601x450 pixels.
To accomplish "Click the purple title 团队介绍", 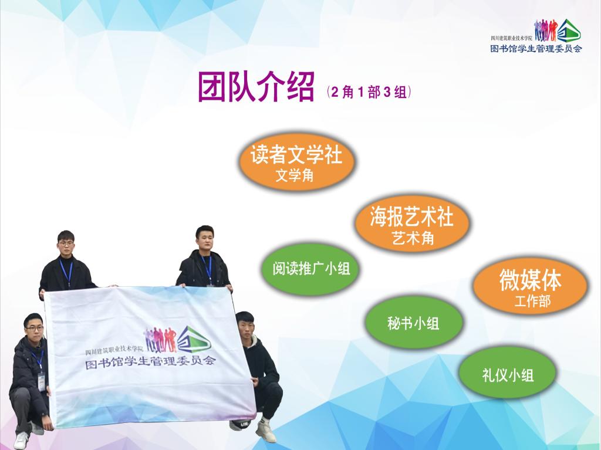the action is click(256, 87).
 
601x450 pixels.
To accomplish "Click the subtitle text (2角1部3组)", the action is click(369, 92).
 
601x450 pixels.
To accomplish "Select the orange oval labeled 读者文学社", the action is click(296, 162).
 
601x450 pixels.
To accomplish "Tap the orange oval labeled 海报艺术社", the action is click(412, 224).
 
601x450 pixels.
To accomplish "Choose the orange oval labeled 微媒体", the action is click(530, 286).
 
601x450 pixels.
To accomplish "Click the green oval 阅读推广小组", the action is click(311, 269).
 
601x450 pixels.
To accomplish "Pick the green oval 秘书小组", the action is click(413, 323).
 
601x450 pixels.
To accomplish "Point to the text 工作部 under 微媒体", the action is click(532, 301).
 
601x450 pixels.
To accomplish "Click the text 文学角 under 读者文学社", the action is click(295, 175).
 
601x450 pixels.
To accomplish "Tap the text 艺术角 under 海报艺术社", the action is click(413, 238).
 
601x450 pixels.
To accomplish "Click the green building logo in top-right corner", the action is click(569, 31).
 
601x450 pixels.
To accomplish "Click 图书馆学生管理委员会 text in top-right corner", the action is click(536, 49).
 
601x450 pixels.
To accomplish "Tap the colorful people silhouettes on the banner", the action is click(160, 340).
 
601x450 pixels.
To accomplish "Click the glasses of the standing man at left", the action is click(66, 243).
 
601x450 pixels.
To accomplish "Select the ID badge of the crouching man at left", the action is click(42, 382).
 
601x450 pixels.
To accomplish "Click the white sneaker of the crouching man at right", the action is click(266, 431).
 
